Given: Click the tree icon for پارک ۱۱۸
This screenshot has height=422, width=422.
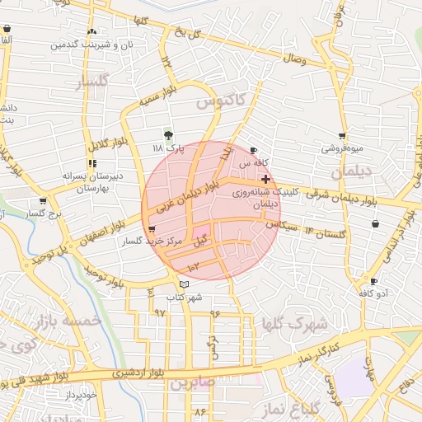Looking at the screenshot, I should click(169, 134).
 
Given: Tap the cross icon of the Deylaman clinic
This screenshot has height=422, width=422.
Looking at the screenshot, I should click(265, 178).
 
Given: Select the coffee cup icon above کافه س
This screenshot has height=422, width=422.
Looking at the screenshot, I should click(253, 150).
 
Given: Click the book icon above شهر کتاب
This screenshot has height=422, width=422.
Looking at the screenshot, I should click(184, 284).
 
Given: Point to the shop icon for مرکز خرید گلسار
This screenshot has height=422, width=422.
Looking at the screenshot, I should click(152, 230).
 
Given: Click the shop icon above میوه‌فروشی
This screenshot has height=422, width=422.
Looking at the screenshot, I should click(342, 136).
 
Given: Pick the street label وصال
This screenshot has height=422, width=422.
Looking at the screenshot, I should click(294, 60).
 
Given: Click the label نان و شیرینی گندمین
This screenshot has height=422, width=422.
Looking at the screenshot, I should click(98, 44).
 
